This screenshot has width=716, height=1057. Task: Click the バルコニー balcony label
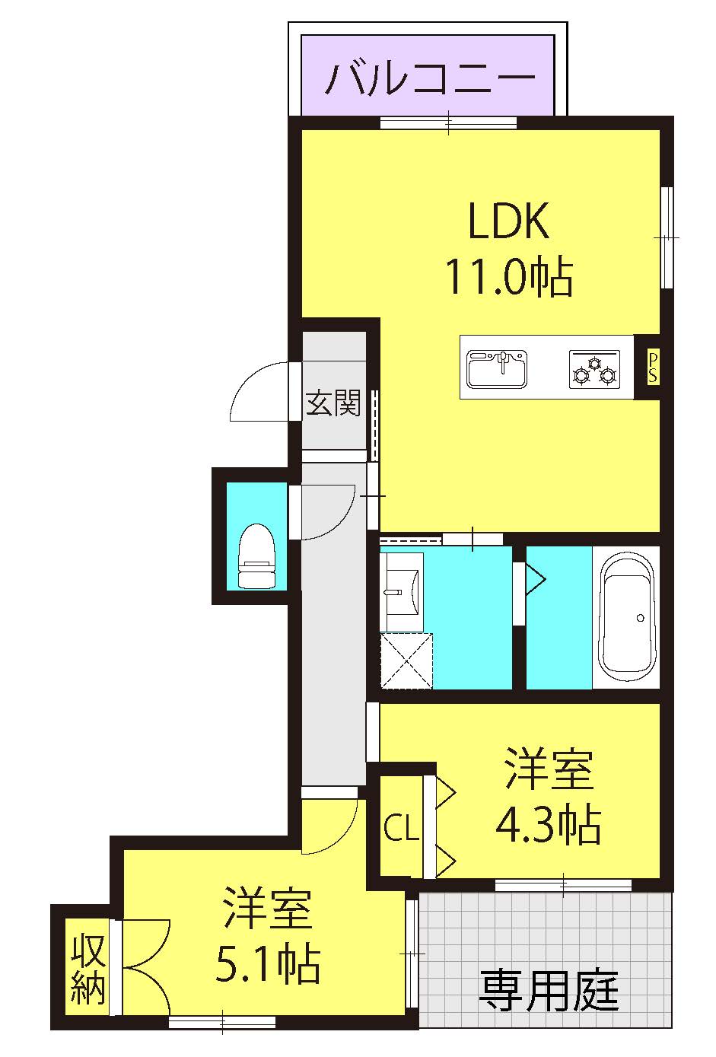(x=431, y=77)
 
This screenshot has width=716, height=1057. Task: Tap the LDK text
(x=509, y=221)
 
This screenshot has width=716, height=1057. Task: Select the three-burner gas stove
(x=594, y=369)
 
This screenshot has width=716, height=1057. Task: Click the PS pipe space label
(x=652, y=368)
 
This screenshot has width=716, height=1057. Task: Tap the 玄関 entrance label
(x=333, y=403)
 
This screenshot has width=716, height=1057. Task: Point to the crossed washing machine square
(x=406, y=661)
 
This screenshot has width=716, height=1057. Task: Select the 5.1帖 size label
(x=267, y=963)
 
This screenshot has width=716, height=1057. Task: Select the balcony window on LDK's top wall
(x=448, y=123)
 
